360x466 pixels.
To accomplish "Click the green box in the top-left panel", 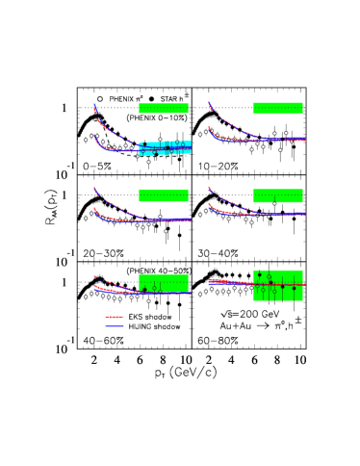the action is coord(163,108).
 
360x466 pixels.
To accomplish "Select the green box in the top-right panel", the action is coord(277,108).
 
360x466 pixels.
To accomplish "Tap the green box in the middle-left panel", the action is coord(163,194).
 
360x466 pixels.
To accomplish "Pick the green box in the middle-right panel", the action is coord(277,195).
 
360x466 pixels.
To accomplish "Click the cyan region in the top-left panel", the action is coord(165,147).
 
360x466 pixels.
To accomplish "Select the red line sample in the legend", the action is coord(115,317).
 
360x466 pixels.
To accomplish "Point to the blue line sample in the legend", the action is coord(115,325).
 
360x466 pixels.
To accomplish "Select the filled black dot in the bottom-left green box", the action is coord(145,289).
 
